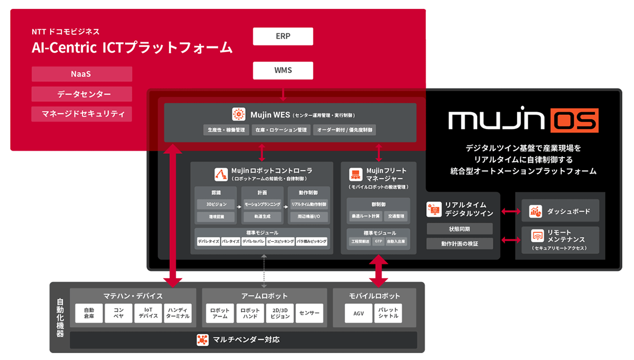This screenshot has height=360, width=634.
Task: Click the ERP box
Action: (283, 36)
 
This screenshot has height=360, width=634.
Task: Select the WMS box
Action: (283, 70)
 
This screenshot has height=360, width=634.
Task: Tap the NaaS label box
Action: (81, 74)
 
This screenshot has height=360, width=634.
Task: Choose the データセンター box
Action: (81, 94)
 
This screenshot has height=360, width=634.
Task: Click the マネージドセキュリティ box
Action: (81, 114)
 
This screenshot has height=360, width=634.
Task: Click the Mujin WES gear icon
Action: (238, 114)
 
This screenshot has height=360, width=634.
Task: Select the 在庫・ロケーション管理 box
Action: (280, 130)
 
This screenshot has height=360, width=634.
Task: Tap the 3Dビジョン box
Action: (216, 204)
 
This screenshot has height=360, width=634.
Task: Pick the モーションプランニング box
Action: (263, 204)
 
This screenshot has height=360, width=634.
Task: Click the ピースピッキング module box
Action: (281, 241)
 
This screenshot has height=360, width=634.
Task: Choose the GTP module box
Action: (378, 241)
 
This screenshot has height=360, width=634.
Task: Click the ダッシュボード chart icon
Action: (536, 211)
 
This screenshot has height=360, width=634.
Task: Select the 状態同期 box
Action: (459, 228)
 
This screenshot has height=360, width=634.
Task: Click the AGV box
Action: (359, 313)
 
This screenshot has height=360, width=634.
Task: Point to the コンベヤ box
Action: (118, 313)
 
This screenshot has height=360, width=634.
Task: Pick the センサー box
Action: (309, 313)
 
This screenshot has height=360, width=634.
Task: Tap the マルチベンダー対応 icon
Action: (202, 339)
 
